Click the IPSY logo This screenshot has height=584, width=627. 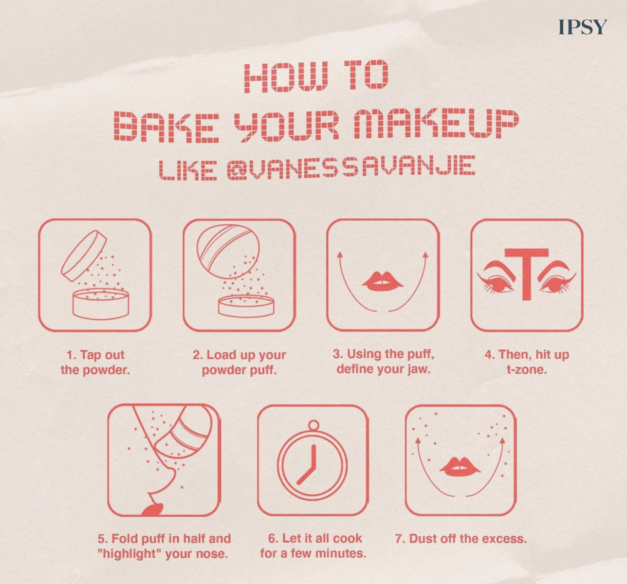coord(583,27)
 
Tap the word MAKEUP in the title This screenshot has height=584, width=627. coord(436,125)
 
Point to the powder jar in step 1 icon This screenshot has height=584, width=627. coord(101,304)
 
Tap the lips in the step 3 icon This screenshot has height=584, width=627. coord(383,281)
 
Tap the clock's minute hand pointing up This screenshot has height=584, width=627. coord(313,456)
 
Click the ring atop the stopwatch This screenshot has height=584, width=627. coord(313,425)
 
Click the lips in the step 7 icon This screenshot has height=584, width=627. coord(460,467)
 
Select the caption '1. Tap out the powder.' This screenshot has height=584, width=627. coord(95,363)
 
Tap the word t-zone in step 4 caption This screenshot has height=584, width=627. coord(527,369)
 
